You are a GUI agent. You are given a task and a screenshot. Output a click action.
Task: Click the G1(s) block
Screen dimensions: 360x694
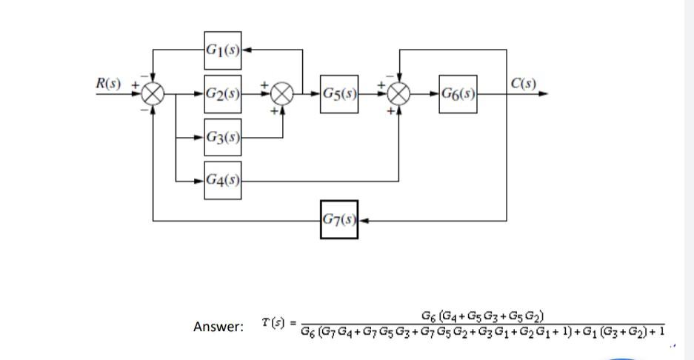(x=223, y=50)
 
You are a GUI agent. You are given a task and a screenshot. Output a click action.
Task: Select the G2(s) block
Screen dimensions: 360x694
(x=223, y=94)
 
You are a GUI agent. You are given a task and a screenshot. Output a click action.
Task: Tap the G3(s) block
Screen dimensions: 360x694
(x=223, y=138)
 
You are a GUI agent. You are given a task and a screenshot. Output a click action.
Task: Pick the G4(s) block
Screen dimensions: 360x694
(x=223, y=180)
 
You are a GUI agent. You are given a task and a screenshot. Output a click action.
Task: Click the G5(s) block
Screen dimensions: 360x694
(x=339, y=94)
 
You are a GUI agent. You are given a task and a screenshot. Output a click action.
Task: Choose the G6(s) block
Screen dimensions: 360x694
(x=458, y=94)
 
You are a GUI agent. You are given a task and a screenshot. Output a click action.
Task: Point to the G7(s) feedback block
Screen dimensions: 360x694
(x=339, y=220)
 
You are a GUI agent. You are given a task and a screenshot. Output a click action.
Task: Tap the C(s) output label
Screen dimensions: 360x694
(x=523, y=83)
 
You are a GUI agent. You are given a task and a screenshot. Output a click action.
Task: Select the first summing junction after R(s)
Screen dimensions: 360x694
(x=153, y=94)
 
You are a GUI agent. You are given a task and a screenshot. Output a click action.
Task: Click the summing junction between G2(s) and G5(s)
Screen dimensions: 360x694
(x=281, y=94)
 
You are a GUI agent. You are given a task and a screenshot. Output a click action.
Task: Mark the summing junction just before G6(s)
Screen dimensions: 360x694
(x=399, y=94)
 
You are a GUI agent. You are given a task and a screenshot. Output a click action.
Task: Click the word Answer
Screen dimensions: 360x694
(x=218, y=327)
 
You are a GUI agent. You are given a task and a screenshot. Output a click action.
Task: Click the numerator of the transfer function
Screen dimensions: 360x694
(x=483, y=317)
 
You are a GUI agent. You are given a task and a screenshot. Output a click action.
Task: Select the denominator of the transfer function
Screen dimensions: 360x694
(x=483, y=330)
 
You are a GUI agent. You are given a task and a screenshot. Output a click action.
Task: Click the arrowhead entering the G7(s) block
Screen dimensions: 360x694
(x=363, y=220)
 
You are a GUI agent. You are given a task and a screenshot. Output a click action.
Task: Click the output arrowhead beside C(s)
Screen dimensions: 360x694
(x=545, y=94)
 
